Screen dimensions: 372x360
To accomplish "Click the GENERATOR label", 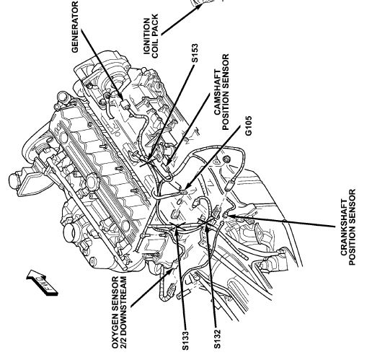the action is coord(75,27).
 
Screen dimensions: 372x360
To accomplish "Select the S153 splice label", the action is coord(195,53).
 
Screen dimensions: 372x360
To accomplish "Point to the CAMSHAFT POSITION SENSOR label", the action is coord(221,92).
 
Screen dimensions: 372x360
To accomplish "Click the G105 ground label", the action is coord(248,126).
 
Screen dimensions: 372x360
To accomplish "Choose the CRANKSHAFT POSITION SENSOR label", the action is coord(347,227).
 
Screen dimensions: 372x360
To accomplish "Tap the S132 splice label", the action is coord(217,338).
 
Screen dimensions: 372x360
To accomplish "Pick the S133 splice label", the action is coord(185,341).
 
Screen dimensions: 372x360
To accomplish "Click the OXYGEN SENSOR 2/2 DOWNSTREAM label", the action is coord(119,312).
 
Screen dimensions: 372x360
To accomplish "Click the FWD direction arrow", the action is coord(42,282).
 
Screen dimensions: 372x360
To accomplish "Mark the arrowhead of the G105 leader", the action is coord(187,186).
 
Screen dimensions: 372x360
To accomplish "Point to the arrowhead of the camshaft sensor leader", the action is coord(168,164).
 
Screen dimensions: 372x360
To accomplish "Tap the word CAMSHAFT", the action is coord(217,92).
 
